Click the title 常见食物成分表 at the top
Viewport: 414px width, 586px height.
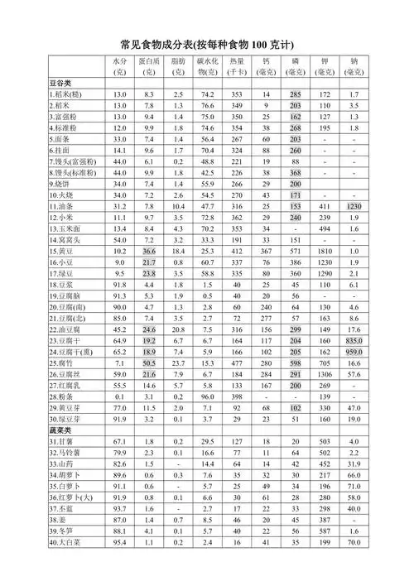click(x=207, y=44)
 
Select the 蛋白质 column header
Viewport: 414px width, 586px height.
click(x=149, y=67)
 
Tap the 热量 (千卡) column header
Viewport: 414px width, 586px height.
click(x=236, y=67)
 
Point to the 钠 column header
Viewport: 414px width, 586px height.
click(x=354, y=67)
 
